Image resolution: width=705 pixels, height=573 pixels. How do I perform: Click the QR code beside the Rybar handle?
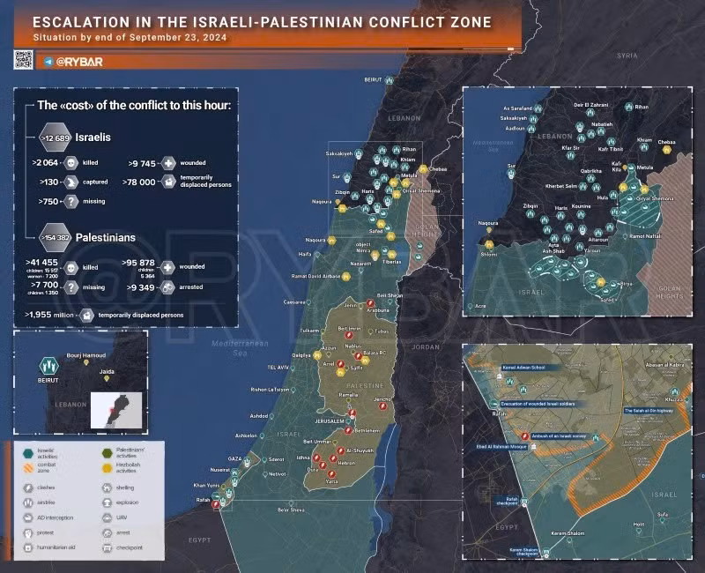point(23,60)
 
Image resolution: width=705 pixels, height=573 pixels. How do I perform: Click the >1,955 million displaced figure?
point(49,313)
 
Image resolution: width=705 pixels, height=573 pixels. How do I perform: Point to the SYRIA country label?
point(627,56)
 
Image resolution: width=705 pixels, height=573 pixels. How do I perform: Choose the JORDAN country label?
point(425,346)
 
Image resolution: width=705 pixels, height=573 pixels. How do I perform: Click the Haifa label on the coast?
point(305,254)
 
